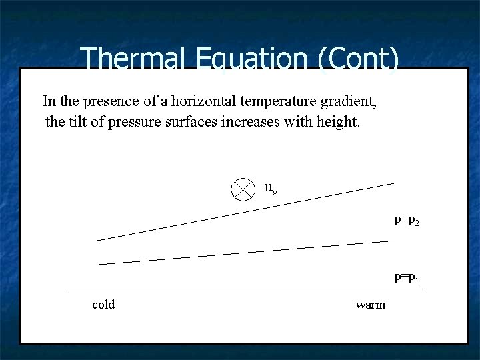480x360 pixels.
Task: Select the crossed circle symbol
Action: click(243, 189)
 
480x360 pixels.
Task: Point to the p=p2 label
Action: click(406, 219)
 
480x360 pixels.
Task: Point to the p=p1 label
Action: click(406, 276)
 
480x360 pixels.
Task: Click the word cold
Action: click(103, 305)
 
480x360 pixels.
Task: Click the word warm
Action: click(371, 305)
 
